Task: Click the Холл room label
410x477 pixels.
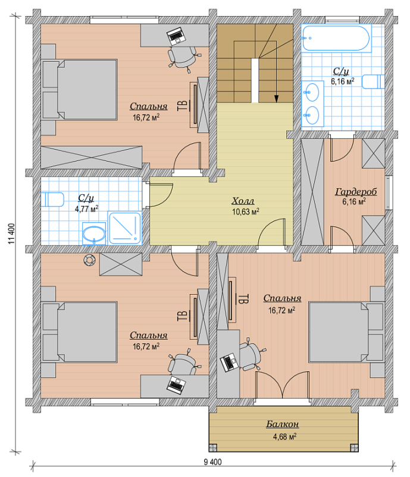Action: click(x=243, y=201)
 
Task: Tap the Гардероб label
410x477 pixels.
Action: click(x=356, y=191)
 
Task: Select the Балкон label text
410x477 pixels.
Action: click(x=282, y=424)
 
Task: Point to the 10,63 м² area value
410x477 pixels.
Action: click(x=246, y=211)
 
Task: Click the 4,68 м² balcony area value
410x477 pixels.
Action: click(x=284, y=437)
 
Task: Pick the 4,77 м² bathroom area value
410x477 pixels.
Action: click(x=86, y=209)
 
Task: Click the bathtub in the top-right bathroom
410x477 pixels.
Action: click(x=336, y=38)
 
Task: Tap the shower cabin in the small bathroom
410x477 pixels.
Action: click(x=125, y=228)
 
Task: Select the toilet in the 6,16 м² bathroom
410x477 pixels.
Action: click(x=373, y=81)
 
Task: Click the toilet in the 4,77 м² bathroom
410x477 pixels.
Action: click(x=52, y=200)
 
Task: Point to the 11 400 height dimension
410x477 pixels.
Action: click(x=11, y=233)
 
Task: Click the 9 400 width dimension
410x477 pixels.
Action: click(x=213, y=462)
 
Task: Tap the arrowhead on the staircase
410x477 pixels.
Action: click(x=276, y=99)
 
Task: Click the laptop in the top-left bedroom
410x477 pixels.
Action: click(x=176, y=36)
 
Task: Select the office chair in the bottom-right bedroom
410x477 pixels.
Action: click(x=252, y=354)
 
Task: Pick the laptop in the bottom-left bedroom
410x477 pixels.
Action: click(x=176, y=385)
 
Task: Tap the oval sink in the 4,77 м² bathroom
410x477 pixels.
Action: click(x=94, y=234)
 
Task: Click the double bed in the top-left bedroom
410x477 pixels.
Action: click(x=79, y=90)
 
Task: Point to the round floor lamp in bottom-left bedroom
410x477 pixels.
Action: click(x=89, y=260)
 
